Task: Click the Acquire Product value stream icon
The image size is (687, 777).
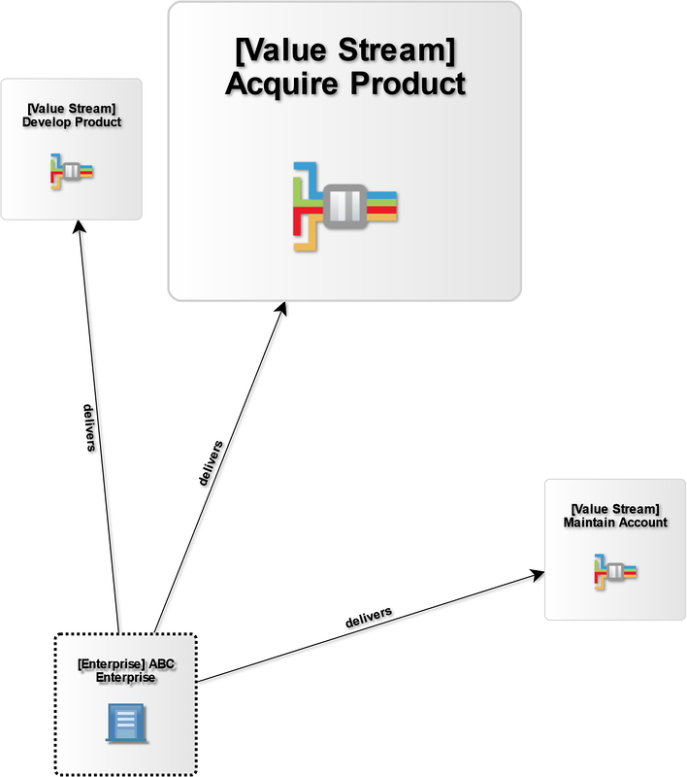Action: click(345, 205)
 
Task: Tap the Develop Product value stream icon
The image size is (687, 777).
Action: click(72, 172)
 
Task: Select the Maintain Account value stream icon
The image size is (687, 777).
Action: click(615, 572)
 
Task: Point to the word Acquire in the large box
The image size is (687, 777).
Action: click(279, 84)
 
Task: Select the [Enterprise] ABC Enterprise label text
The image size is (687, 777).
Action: click(125, 670)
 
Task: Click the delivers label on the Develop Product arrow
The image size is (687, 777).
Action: click(88, 428)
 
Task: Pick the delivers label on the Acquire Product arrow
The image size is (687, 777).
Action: click(209, 463)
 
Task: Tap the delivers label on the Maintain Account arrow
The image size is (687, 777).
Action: click(369, 616)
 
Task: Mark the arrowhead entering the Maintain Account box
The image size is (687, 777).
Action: click(538, 576)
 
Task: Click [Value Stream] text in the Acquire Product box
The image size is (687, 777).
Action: click(345, 49)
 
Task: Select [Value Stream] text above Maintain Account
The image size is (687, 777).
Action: click(615, 509)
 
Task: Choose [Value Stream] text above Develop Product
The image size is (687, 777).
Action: click(72, 109)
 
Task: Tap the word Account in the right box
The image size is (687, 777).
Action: click(642, 523)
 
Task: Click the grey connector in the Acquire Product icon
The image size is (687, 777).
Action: click(345, 205)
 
